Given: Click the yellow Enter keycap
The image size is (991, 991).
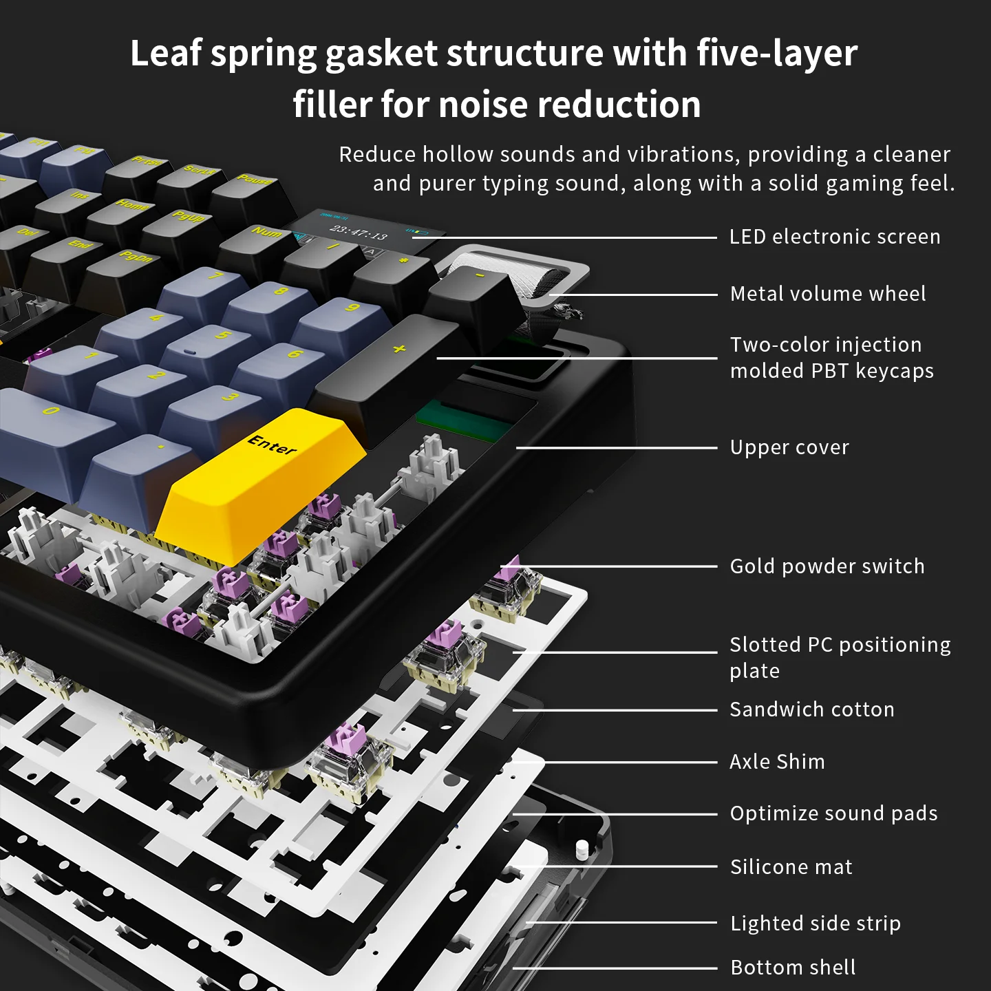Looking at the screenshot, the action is click(x=262, y=483).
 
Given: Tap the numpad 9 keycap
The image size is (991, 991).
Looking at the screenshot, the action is click(x=345, y=324).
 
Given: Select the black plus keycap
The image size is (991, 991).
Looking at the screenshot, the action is click(x=391, y=370).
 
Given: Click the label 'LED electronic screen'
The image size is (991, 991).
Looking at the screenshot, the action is click(x=835, y=237).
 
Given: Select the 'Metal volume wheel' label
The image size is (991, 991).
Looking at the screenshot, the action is click(x=828, y=294).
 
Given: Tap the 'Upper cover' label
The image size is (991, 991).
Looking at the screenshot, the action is click(x=789, y=447).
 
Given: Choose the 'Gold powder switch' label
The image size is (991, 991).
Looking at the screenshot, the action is click(x=827, y=566).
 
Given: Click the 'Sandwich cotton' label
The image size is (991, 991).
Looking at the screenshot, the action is click(x=812, y=710).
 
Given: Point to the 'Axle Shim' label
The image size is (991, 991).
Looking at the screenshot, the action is click(x=777, y=762).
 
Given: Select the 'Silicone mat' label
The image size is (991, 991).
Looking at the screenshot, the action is click(x=791, y=867).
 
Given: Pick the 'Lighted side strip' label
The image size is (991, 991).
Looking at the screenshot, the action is click(x=816, y=924).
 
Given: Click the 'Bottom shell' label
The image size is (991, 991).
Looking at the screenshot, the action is click(x=793, y=968).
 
